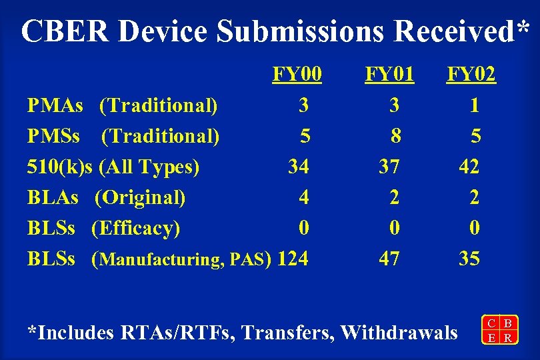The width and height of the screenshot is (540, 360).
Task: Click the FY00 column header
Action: click(x=297, y=74)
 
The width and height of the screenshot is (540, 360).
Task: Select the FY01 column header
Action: click(x=389, y=74)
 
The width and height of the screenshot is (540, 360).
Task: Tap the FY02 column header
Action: click(x=471, y=74)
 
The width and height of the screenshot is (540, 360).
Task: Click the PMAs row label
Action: click(x=55, y=105)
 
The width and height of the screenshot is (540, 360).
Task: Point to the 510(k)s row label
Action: click(x=59, y=166)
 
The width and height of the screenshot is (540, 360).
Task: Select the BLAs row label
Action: click(x=53, y=197)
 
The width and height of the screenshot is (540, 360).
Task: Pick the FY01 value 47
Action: click(x=389, y=258)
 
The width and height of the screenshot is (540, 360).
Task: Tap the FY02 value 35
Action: click(x=469, y=258)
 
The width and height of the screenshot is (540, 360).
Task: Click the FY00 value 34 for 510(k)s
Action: click(x=298, y=166)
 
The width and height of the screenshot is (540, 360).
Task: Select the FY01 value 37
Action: click(x=389, y=166)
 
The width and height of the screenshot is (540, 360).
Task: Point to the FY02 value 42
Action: click(x=469, y=166)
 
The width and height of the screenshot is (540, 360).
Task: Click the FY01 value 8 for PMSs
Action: click(x=396, y=136)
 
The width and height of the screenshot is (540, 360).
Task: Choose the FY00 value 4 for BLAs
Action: click(x=304, y=197)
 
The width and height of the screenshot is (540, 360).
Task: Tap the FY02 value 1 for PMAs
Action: click(x=474, y=105)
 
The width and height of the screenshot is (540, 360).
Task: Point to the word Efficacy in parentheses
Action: click(x=136, y=228)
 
